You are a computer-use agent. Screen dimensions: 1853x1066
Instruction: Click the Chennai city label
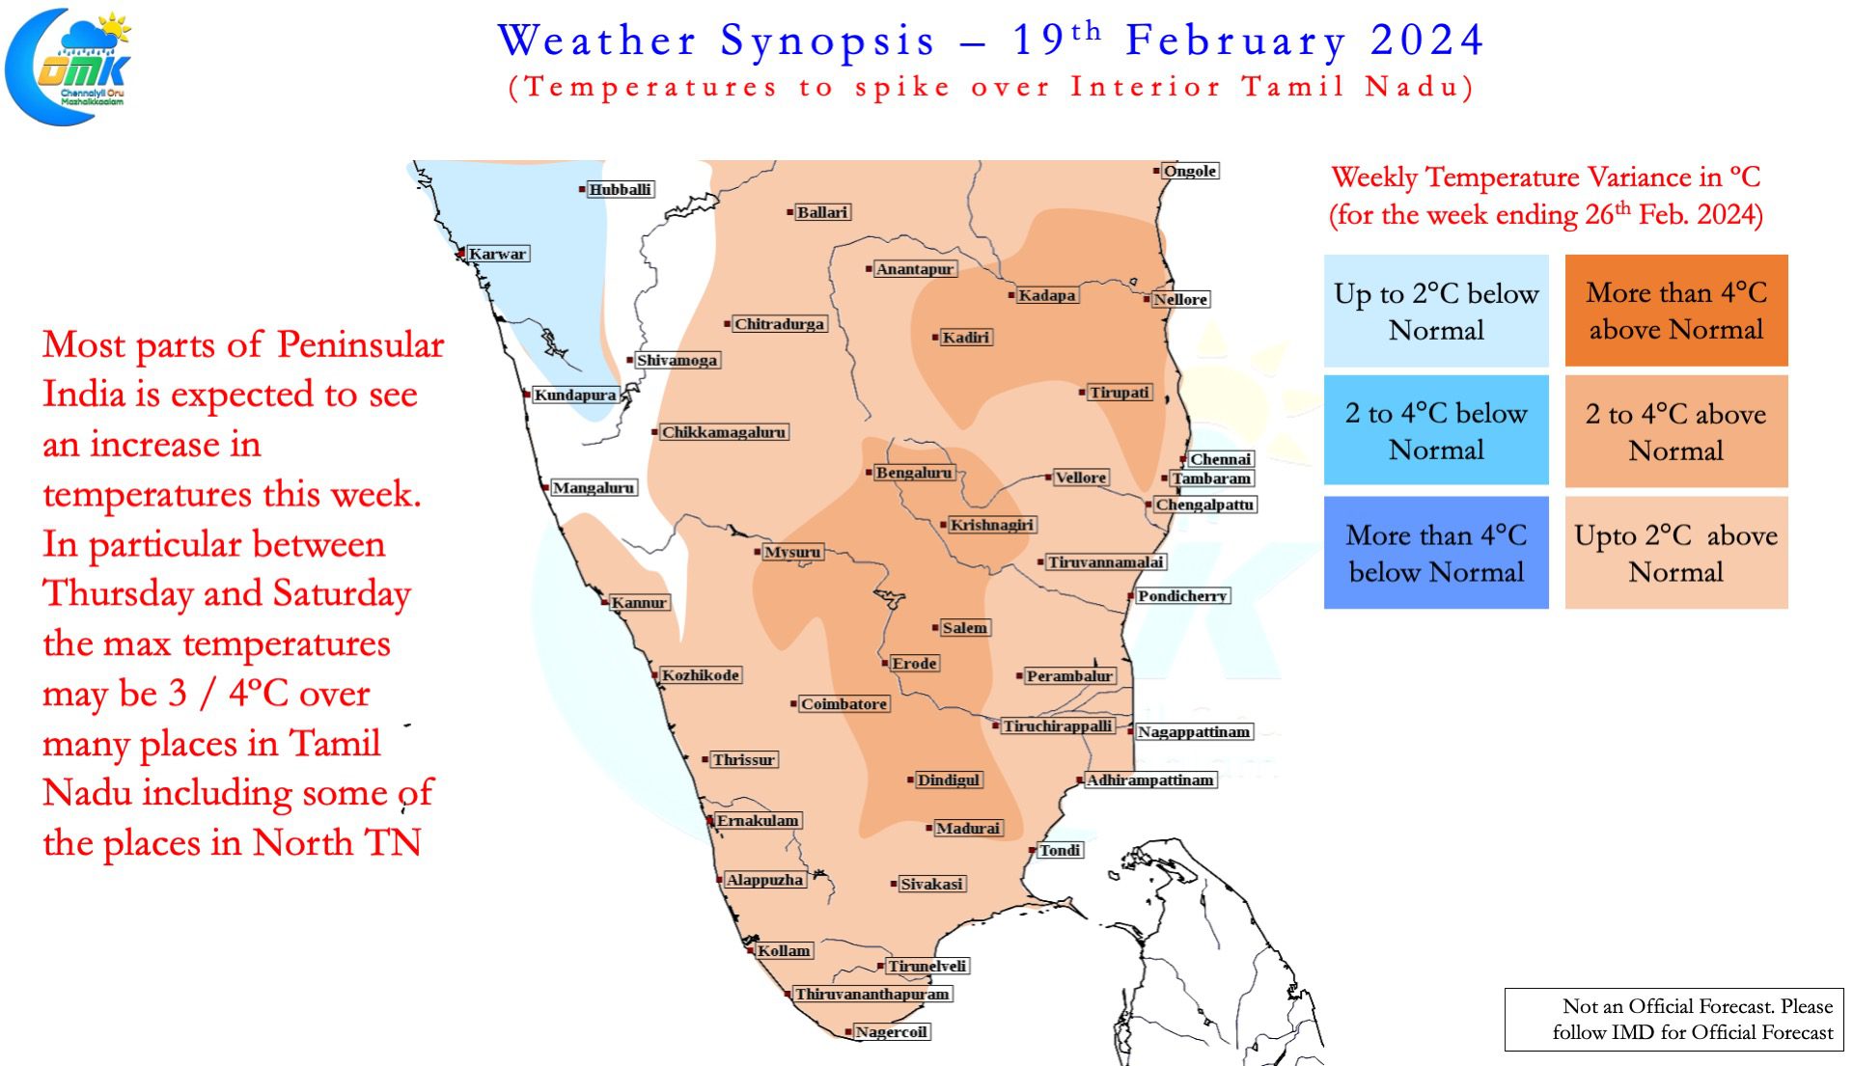click(1221, 459)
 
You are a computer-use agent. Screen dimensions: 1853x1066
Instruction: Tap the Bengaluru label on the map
click(914, 473)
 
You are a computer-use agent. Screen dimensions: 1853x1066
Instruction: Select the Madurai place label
click(969, 828)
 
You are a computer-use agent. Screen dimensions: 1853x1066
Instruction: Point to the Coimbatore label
click(844, 704)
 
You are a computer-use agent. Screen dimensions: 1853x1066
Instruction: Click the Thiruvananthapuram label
click(872, 994)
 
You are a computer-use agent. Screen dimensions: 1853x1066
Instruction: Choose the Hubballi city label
click(621, 189)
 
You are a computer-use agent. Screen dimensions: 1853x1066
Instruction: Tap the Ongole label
click(1190, 171)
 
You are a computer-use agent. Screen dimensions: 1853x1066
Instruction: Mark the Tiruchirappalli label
click(1058, 725)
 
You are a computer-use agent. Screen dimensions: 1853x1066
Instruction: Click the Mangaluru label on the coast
click(594, 488)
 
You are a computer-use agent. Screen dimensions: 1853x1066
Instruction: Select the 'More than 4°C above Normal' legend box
click(1676, 311)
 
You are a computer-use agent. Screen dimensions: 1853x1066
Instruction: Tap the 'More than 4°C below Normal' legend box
click(1436, 553)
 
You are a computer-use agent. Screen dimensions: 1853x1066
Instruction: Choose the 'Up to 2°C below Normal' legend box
click(1436, 311)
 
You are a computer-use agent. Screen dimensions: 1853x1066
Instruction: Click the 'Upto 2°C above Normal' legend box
click(1676, 553)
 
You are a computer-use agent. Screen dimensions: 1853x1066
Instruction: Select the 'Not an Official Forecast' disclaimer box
click(1674, 1020)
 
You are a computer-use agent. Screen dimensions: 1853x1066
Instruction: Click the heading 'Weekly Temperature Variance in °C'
click(1546, 178)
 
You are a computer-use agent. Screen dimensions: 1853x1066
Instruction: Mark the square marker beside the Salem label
click(935, 628)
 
